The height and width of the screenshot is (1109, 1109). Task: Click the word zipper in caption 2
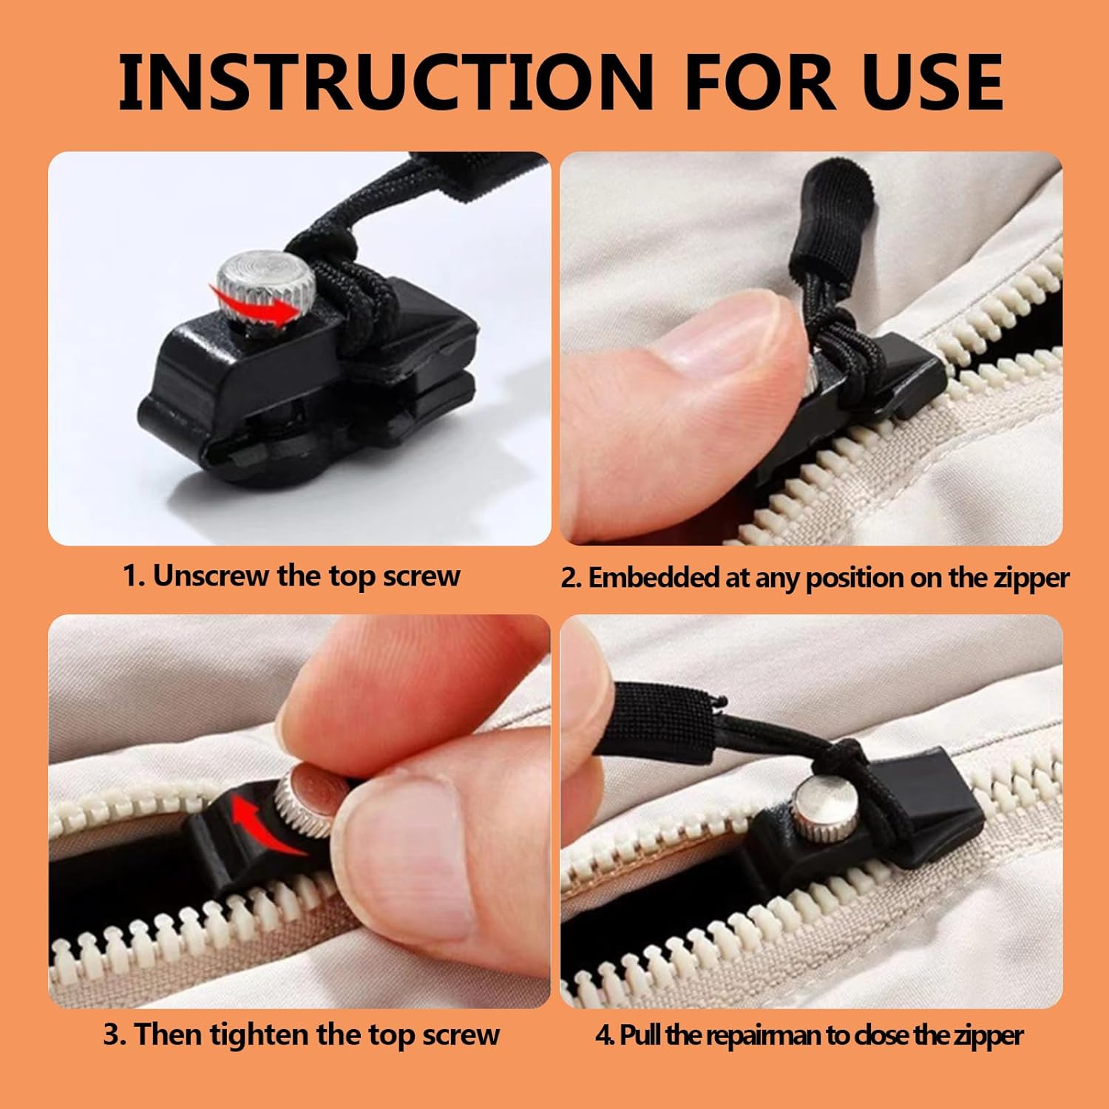pos(1031,577)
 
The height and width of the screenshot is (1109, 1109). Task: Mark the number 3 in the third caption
pos(111,1034)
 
